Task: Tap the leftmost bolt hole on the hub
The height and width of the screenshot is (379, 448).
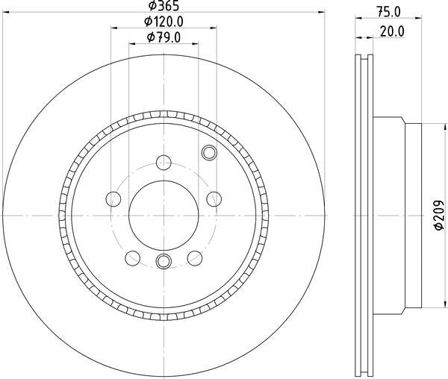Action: click(x=113, y=198)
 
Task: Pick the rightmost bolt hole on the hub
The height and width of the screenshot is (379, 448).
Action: click(x=214, y=198)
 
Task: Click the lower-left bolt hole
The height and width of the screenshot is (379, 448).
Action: click(x=132, y=257)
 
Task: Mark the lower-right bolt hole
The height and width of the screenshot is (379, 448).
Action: click(x=195, y=257)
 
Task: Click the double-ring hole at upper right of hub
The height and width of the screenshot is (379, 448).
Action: click(x=208, y=154)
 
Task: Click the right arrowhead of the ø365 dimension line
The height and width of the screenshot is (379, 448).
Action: click(x=323, y=12)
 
